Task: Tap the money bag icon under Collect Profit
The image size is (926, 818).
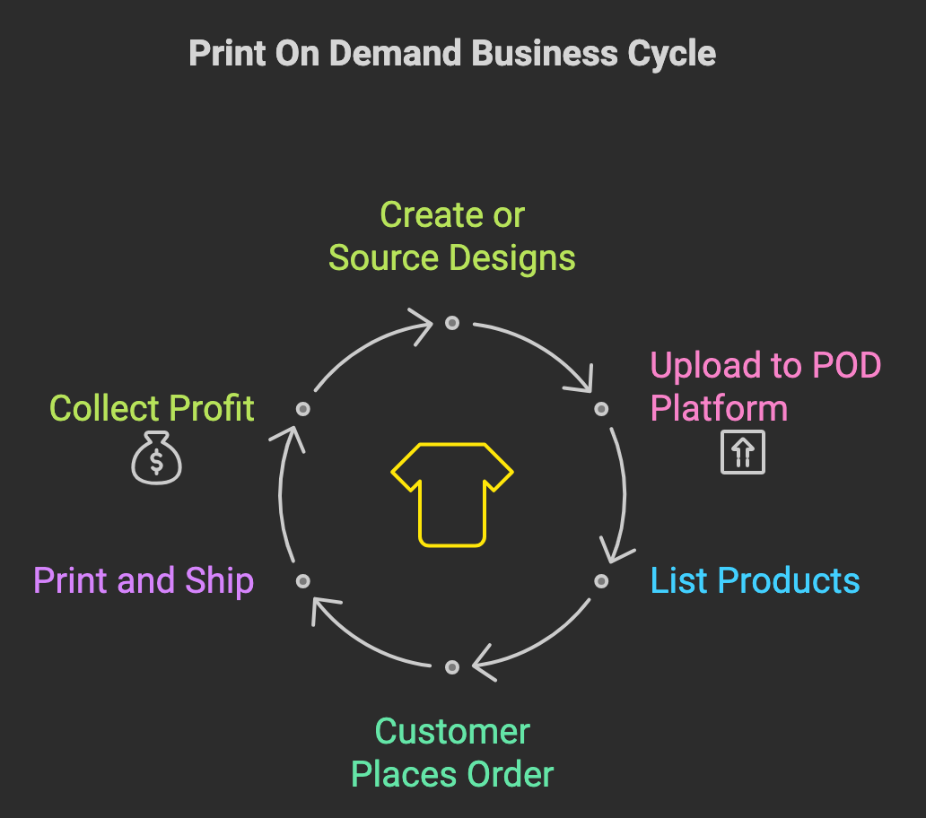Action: [156, 458]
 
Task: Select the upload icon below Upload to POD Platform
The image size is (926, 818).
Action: [743, 452]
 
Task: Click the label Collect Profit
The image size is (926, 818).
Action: [152, 408]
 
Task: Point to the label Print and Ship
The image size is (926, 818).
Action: [144, 580]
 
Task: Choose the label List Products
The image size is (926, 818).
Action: [755, 580]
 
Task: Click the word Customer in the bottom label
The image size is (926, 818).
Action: [452, 732]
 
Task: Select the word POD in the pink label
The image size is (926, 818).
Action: [847, 365]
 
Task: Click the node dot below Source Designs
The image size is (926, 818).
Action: [451, 323]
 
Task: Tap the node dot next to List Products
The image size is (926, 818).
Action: [601, 581]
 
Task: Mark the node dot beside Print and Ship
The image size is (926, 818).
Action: [303, 581]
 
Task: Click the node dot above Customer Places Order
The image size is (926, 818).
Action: [451, 667]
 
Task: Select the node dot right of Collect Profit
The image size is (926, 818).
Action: [303, 408]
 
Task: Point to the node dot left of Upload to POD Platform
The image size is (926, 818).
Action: [601, 408]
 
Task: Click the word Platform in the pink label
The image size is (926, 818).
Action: [719, 408]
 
